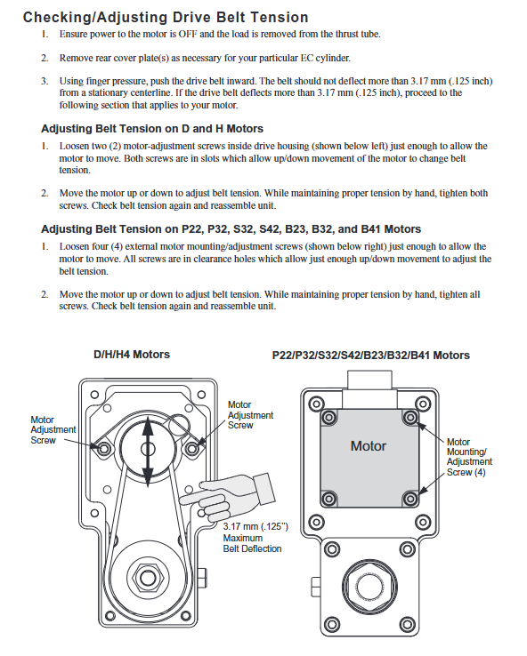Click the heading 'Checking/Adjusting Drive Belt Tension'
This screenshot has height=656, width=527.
coord(166,17)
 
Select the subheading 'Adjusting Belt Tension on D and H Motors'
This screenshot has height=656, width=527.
coord(152,128)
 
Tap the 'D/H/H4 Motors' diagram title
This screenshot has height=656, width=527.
coord(132,355)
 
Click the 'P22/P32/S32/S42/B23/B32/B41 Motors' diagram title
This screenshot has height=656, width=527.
coord(370,356)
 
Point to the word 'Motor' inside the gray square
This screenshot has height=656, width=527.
coord(369,446)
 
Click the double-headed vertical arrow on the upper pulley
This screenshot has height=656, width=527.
coord(148,452)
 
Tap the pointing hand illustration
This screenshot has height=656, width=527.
coord(228,496)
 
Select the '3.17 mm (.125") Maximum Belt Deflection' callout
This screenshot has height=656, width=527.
coord(255,538)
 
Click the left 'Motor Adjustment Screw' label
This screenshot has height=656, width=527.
coord(53,429)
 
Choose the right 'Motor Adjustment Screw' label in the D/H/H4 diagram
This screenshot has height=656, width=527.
coord(250,415)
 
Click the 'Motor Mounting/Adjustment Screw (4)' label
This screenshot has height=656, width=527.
coord(469,457)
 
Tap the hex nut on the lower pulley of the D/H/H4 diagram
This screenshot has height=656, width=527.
coord(148,578)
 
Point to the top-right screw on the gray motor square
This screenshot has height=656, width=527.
coord(410,417)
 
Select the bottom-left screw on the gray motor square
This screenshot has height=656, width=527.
coord(328,499)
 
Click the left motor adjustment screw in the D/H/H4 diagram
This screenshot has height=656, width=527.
coord(103,449)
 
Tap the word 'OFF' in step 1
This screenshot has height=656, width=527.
coord(188,34)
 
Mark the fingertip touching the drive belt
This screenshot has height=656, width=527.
coord(182,500)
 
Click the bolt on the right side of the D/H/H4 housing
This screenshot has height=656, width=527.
coord(201,578)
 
